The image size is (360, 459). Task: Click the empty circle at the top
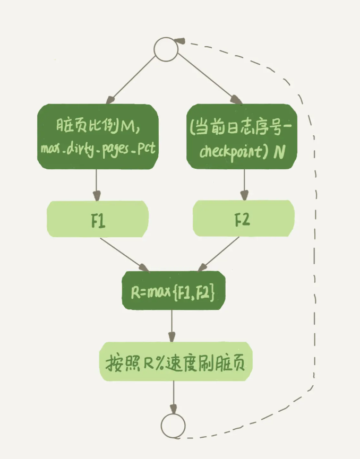coord(166,49)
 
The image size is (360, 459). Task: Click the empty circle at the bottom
coord(173,426)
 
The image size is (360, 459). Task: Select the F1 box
coord(98,219)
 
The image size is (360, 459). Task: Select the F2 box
coord(243,219)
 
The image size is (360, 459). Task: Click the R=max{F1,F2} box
coord(174,290)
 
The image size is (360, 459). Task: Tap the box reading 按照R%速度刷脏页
coord(176,361)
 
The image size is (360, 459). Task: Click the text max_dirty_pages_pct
coord(98,149)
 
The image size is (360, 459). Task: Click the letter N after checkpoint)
coord(279,152)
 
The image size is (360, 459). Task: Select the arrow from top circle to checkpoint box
coord(209,79)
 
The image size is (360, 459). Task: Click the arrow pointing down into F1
coord(96,185)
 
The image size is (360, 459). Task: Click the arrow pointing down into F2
coord(244,185)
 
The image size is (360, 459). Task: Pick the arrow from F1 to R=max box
coord(124,255)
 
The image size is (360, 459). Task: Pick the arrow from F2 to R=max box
coord(219,254)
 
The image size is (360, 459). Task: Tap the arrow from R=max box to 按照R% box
coord(172,326)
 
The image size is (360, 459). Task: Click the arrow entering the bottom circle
coord(174,397)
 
